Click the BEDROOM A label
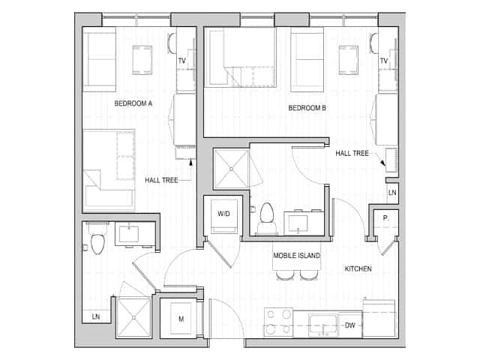pyautogui.click(x=133, y=103)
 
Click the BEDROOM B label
pyautogui.click(x=307, y=109)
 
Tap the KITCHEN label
pyautogui.click(x=358, y=268)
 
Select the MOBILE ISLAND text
pyautogui.click(x=296, y=256)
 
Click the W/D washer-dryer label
pyautogui.click(x=223, y=214)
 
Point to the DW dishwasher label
pyautogui.click(x=349, y=325)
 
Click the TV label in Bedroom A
pyautogui.click(x=181, y=61)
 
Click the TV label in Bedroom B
pyautogui.click(x=383, y=61)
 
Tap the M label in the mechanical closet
pyautogui.click(x=181, y=319)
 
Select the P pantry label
pyautogui.click(x=385, y=217)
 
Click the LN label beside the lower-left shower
pyautogui.click(x=96, y=317)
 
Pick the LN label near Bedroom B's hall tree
pyautogui.click(x=392, y=193)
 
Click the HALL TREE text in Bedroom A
pyautogui.click(x=161, y=180)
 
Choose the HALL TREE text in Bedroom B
pyautogui.click(x=352, y=153)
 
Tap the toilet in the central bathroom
pyautogui.click(x=266, y=217)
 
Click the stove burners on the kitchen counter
pyautogui.click(x=278, y=321)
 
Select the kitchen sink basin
pyautogui.click(x=324, y=324)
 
